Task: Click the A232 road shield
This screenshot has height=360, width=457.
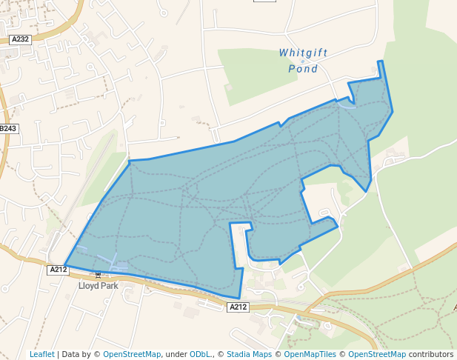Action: [x=20, y=39]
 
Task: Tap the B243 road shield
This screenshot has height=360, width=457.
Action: [x=8, y=129]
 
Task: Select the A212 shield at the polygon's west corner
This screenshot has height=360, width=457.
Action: [x=59, y=270]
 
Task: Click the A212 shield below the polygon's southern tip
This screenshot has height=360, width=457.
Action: [x=238, y=307]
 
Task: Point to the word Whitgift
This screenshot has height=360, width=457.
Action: [x=303, y=53]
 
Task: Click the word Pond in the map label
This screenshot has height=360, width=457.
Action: [x=303, y=69]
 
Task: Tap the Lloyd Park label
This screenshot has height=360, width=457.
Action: [x=99, y=285]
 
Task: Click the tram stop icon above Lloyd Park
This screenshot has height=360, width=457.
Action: [x=97, y=275]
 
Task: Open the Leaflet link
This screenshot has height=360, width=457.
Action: [x=42, y=354]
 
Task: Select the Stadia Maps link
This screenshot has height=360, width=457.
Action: [x=249, y=354]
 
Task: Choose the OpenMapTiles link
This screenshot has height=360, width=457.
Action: [x=310, y=354]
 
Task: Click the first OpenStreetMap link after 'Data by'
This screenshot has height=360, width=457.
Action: [x=132, y=354]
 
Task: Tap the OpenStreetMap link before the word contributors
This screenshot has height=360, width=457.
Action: [x=377, y=354]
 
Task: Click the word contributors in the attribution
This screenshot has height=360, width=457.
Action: [x=431, y=354]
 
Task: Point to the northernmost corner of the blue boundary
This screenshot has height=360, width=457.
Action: [x=381, y=61]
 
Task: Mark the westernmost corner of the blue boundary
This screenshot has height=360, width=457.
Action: [x=65, y=265]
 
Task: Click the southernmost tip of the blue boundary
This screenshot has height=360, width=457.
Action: [x=239, y=299]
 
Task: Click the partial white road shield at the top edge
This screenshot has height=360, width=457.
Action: [x=264, y=1]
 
